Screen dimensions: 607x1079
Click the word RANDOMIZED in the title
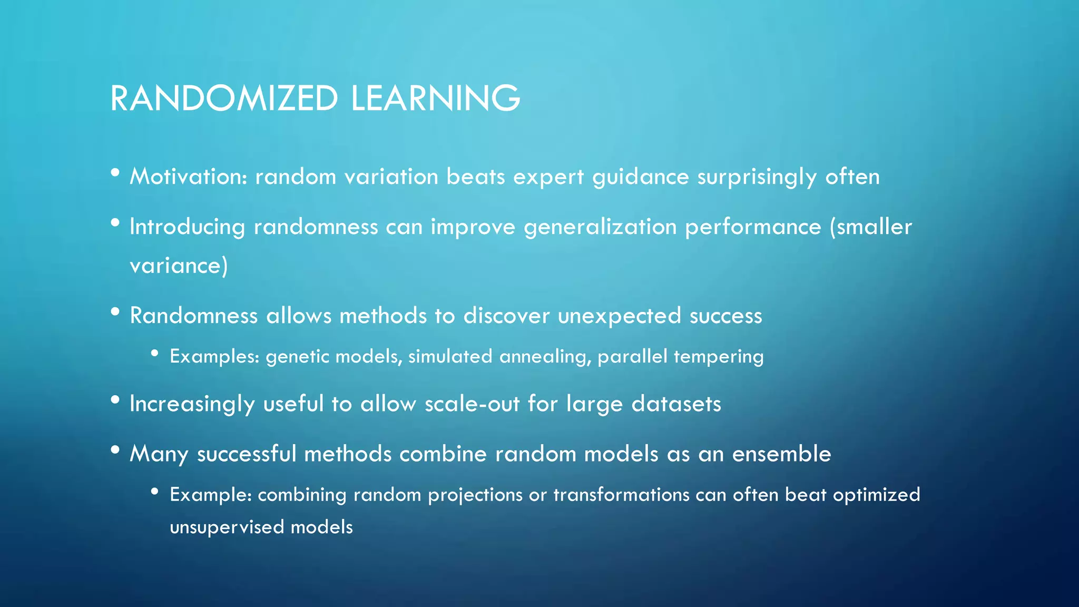224,99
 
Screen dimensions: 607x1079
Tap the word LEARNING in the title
435,99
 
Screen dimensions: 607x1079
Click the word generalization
600,227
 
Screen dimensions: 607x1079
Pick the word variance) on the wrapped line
179,265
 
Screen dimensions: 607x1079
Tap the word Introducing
187,227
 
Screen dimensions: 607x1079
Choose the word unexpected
619,316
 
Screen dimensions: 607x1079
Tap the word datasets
676,404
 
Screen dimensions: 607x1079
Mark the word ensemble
781,454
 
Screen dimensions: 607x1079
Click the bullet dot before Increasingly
115,400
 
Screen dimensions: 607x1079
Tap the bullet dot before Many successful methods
115,449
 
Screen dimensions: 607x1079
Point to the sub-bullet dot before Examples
154,354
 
